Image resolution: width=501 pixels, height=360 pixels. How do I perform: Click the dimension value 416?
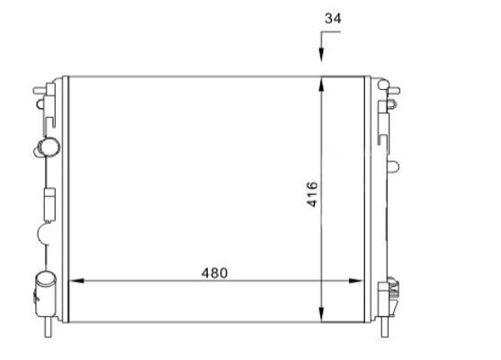312,194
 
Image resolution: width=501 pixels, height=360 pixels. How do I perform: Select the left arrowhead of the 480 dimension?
75,281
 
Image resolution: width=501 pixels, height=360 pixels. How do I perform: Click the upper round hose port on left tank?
48,147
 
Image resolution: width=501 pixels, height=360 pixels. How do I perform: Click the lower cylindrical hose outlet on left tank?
42,290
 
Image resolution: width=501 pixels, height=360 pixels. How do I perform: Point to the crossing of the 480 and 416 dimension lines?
322,281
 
